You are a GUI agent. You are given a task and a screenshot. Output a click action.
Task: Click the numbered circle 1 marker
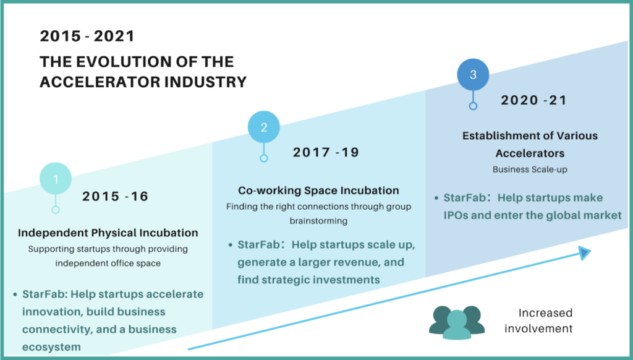(56, 179)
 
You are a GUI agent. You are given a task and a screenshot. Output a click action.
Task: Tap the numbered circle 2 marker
(263, 127)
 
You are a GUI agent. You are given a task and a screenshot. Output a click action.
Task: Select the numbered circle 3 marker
(473, 74)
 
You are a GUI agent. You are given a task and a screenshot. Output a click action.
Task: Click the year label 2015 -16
(116, 196)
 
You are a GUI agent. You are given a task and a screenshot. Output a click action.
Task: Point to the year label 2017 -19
(326, 152)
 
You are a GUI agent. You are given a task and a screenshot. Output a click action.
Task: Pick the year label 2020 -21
(534, 100)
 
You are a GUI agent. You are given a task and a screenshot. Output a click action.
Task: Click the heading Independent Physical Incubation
(108, 233)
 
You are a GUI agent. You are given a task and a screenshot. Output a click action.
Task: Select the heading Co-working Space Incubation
(318, 191)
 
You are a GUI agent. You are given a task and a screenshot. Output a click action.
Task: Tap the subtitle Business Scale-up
(530, 169)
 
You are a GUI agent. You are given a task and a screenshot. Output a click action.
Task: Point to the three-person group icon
(457, 322)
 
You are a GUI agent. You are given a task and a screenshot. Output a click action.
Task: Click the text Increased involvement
(538, 320)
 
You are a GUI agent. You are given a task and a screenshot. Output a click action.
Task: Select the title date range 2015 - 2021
(87, 36)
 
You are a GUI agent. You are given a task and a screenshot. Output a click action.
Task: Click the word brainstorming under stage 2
(318, 221)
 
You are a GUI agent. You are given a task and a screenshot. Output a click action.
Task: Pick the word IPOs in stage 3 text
(456, 215)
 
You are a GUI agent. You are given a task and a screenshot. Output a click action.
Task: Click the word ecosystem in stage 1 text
(51, 347)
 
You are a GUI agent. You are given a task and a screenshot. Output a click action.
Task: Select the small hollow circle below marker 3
(473, 106)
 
